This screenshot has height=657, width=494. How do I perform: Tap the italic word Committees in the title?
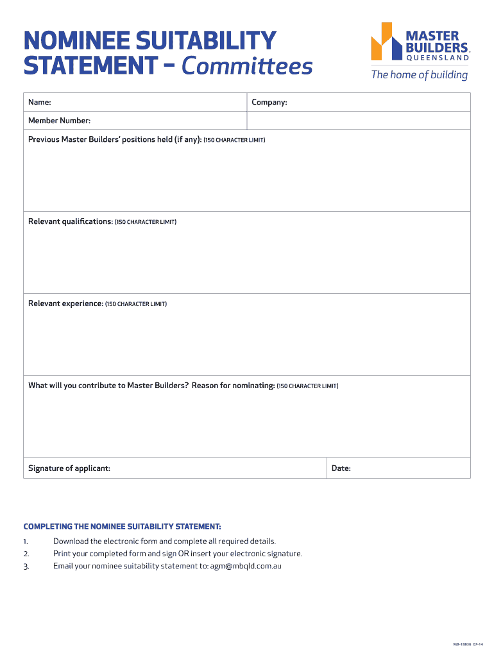[x=247, y=65]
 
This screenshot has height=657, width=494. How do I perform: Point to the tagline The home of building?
[x=420, y=75]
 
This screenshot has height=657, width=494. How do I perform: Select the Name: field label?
[x=40, y=103]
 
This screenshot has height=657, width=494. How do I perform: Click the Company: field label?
[x=269, y=103]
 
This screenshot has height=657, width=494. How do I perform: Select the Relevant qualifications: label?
[x=71, y=221]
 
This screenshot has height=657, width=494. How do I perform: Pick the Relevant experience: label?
[x=65, y=303]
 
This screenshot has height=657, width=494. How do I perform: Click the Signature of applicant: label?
[x=69, y=468]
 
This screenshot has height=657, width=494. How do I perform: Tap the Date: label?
[x=341, y=468]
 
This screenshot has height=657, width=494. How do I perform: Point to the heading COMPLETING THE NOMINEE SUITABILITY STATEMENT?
[x=122, y=526]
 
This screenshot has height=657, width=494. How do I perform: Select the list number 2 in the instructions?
[x=26, y=554]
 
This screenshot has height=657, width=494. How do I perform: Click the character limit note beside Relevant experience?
[x=136, y=304]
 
